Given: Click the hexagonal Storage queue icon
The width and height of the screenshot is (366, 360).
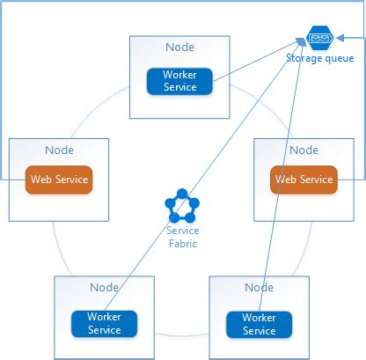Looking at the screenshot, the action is pyautogui.click(x=319, y=38).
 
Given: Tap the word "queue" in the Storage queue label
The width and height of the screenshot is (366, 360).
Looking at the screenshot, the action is pyautogui.click(x=339, y=58).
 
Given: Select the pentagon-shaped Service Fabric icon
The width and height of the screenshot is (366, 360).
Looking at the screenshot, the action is pyautogui.click(x=182, y=206).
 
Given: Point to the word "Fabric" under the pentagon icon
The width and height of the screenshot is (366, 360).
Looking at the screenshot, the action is pyautogui.click(x=183, y=244).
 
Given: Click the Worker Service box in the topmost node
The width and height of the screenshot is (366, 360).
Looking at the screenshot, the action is pyautogui.click(x=179, y=81).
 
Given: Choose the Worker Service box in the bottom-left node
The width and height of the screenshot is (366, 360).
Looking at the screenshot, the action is pyautogui.click(x=104, y=324).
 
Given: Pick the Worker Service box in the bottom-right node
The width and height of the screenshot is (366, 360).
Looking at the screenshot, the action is pyautogui.click(x=259, y=324).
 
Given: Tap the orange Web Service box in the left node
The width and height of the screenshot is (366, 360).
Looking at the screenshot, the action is pyautogui.click(x=59, y=180).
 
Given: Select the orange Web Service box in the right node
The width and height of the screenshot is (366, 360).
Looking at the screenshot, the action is pyautogui.click(x=304, y=180).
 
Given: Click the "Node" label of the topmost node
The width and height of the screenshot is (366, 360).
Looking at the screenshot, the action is pyautogui.click(x=179, y=48).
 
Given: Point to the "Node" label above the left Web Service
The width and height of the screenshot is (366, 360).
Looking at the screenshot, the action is pyautogui.click(x=59, y=151).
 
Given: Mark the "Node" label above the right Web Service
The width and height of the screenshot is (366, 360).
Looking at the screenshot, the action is pyautogui.click(x=304, y=151).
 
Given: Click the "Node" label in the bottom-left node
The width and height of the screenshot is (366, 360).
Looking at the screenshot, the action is pyautogui.click(x=104, y=288).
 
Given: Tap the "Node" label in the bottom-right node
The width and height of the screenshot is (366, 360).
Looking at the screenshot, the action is pyautogui.click(x=259, y=288).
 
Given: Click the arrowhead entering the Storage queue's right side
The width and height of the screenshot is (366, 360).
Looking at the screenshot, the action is pyautogui.click(x=340, y=38).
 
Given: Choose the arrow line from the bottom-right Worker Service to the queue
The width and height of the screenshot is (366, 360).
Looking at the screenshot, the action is pyautogui.click(x=282, y=174).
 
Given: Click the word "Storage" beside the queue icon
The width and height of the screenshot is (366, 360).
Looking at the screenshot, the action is pyautogui.click(x=304, y=58).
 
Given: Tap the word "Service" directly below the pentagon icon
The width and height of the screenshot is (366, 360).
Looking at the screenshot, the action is pyautogui.click(x=183, y=231).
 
